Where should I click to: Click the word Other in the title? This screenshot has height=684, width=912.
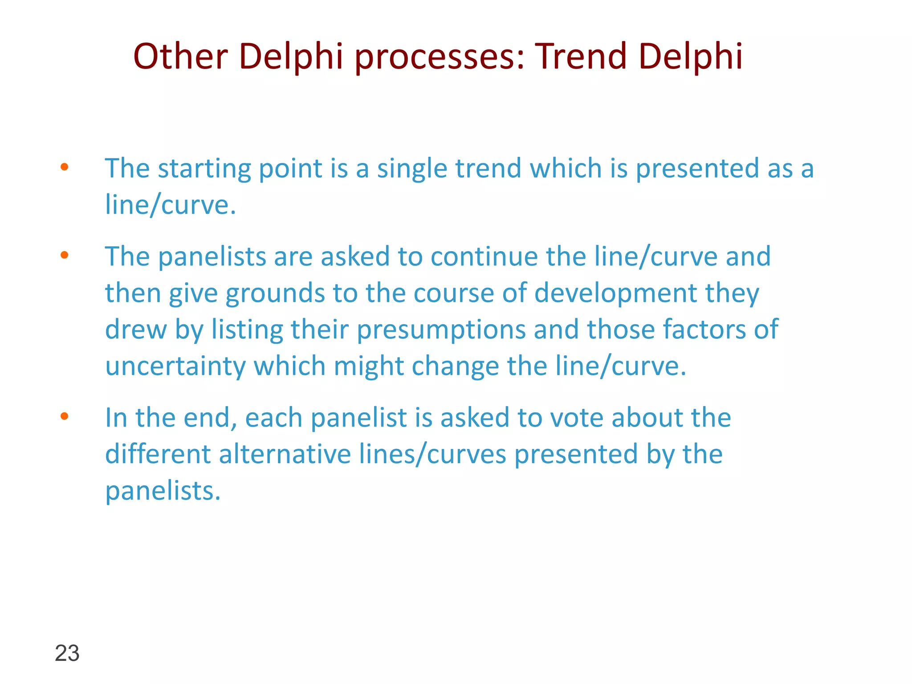180,57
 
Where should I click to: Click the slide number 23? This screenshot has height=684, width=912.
67,653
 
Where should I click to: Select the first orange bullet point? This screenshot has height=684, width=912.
65,167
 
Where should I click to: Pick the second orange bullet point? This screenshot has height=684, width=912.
65,255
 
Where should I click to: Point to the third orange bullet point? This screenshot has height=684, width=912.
65,416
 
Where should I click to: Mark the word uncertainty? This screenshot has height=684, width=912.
175,366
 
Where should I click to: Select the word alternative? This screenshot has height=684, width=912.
285,455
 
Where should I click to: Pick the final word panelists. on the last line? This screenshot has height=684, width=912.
163,492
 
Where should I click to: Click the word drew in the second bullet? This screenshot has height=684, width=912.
136,330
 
